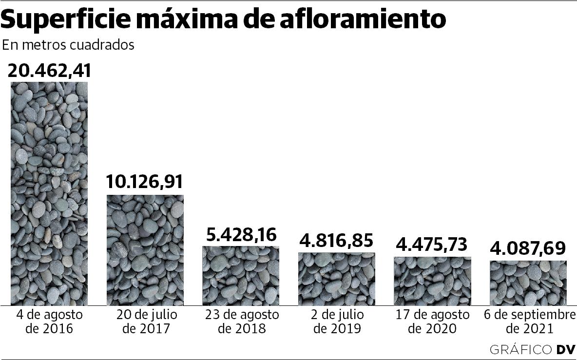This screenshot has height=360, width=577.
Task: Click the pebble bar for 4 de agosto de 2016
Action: [49, 193]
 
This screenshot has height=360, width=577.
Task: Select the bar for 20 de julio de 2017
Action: [145, 250]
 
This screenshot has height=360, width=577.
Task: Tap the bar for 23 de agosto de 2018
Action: [241, 276]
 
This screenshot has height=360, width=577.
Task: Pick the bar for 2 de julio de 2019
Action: [337, 279]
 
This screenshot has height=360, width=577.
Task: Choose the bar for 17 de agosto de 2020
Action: [432, 281]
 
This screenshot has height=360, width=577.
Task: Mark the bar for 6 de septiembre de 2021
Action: [528, 283]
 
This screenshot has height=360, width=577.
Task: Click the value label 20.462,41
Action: [49, 71]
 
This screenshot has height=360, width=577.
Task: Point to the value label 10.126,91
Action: [145, 182]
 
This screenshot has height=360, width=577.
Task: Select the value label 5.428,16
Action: [241, 235]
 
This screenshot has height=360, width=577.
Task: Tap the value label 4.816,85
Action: [337, 240]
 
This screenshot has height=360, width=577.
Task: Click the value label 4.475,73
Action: [433, 244]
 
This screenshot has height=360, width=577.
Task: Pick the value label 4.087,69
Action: [528, 248]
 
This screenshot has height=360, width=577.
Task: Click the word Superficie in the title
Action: [68, 19]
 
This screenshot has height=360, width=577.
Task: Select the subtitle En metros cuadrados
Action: [68, 45]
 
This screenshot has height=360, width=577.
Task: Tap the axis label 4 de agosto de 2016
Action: [49, 322]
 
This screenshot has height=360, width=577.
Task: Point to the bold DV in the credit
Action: [566, 349]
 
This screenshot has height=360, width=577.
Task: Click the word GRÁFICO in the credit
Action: [520, 349]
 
